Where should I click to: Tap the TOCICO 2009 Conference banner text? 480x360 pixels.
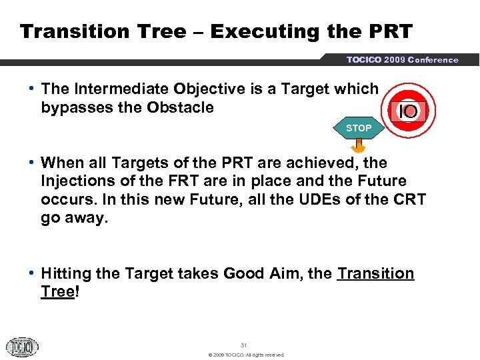(402, 60)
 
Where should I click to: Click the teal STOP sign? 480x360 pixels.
(359, 128)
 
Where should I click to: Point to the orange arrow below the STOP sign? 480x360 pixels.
(359, 146)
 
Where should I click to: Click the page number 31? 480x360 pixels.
(243, 345)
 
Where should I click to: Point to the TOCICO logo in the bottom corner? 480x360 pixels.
(22, 347)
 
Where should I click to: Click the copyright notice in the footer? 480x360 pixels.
(246, 355)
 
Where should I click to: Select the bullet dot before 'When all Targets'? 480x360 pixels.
(33, 163)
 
